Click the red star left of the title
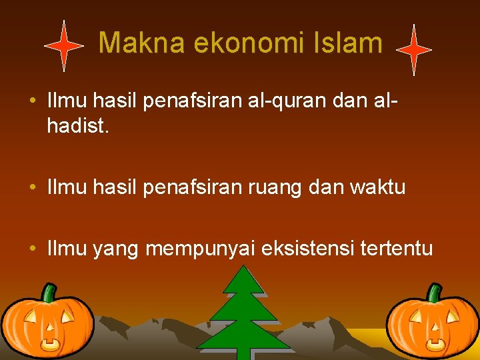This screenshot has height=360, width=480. (x=63, y=46)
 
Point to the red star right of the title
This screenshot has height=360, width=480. (x=414, y=50)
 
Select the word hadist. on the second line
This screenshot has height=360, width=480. (x=77, y=126)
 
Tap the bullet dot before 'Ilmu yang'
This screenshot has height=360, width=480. (x=32, y=249)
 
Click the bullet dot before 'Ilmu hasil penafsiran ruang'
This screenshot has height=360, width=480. (x=32, y=188)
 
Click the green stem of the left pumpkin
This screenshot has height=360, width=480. (x=48, y=293)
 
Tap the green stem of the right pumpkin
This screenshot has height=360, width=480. (x=434, y=293)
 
